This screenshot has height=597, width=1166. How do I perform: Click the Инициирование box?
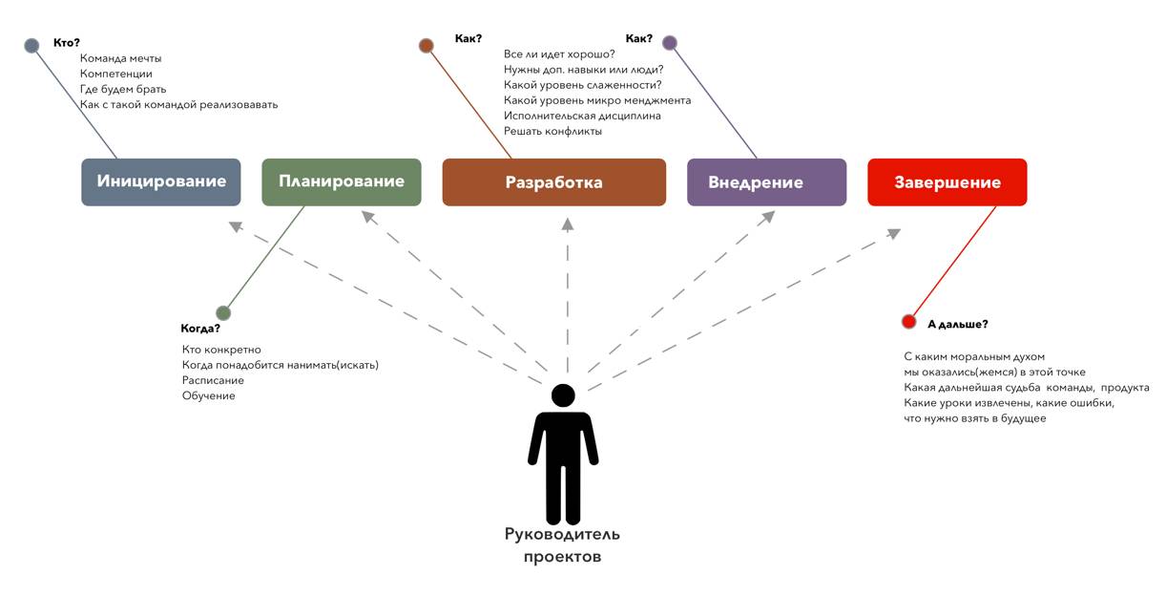pyautogui.click(x=161, y=181)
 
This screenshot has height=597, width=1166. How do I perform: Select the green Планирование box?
pyautogui.click(x=342, y=181)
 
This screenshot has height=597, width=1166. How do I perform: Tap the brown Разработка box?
pyautogui.click(x=554, y=182)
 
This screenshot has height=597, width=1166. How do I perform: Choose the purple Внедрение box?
pyautogui.click(x=766, y=182)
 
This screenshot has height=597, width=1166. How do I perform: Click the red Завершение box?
pyautogui.click(x=947, y=182)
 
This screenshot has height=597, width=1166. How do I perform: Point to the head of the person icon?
pyautogui.click(x=564, y=395)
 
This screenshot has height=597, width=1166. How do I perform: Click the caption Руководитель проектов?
pyautogui.click(x=563, y=545)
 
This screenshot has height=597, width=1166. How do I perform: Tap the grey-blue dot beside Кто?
pyautogui.click(x=31, y=45)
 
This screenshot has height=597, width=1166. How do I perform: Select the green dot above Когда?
pyautogui.click(x=223, y=312)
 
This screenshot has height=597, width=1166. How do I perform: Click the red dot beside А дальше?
pyautogui.click(x=908, y=322)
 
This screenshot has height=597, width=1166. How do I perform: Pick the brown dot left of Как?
pyautogui.click(x=427, y=45)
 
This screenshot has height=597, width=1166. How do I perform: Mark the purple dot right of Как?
pyautogui.click(x=670, y=42)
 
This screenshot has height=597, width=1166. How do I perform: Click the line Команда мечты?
pyautogui.click(x=121, y=58)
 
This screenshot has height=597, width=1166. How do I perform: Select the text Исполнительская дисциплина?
pyautogui.click(x=582, y=116)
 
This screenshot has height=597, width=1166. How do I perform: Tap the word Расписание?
pyautogui.click(x=213, y=380)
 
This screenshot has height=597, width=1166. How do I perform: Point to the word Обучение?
pyautogui.click(x=208, y=395)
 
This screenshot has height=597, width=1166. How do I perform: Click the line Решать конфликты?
pyautogui.click(x=552, y=131)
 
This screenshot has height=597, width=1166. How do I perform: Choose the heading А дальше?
pyautogui.click(x=957, y=324)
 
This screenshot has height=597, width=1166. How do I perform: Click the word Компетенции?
pyautogui.click(x=116, y=74)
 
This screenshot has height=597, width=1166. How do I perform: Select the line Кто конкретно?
pyautogui.click(x=221, y=350)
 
